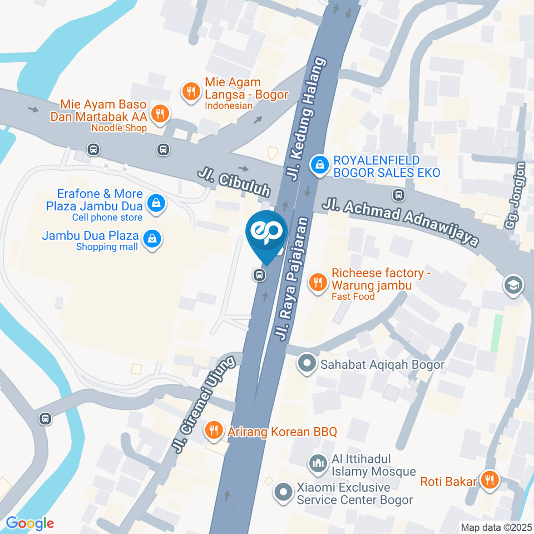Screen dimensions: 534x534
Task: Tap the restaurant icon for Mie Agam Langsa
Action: pyautogui.click(x=191, y=91)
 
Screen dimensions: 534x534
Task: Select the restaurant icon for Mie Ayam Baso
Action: pyautogui.click(x=160, y=113)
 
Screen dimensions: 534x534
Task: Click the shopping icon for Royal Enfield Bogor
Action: pyautogui.click(x=319, y=164)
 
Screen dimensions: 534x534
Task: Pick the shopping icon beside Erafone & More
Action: pyautogui.click(x=157, y=202)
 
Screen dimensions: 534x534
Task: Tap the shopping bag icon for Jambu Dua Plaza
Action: pyautogui.click(x=151, y=239)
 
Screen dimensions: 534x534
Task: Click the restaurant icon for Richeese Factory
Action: pyautogui.click(x=318, y=281)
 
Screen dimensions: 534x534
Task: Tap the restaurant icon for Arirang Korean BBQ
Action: pyautogui.click(x=212, y=430)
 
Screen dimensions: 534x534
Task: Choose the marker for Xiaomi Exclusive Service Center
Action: pyautogui.click(x=283, y=492)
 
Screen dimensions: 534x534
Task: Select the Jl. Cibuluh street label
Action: pyautogui.click(x=234, y=183)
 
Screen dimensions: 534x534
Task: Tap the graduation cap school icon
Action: pyautogui.click(x=510, y=286)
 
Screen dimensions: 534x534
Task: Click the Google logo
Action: pyautogui.click(x=29, y=523)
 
